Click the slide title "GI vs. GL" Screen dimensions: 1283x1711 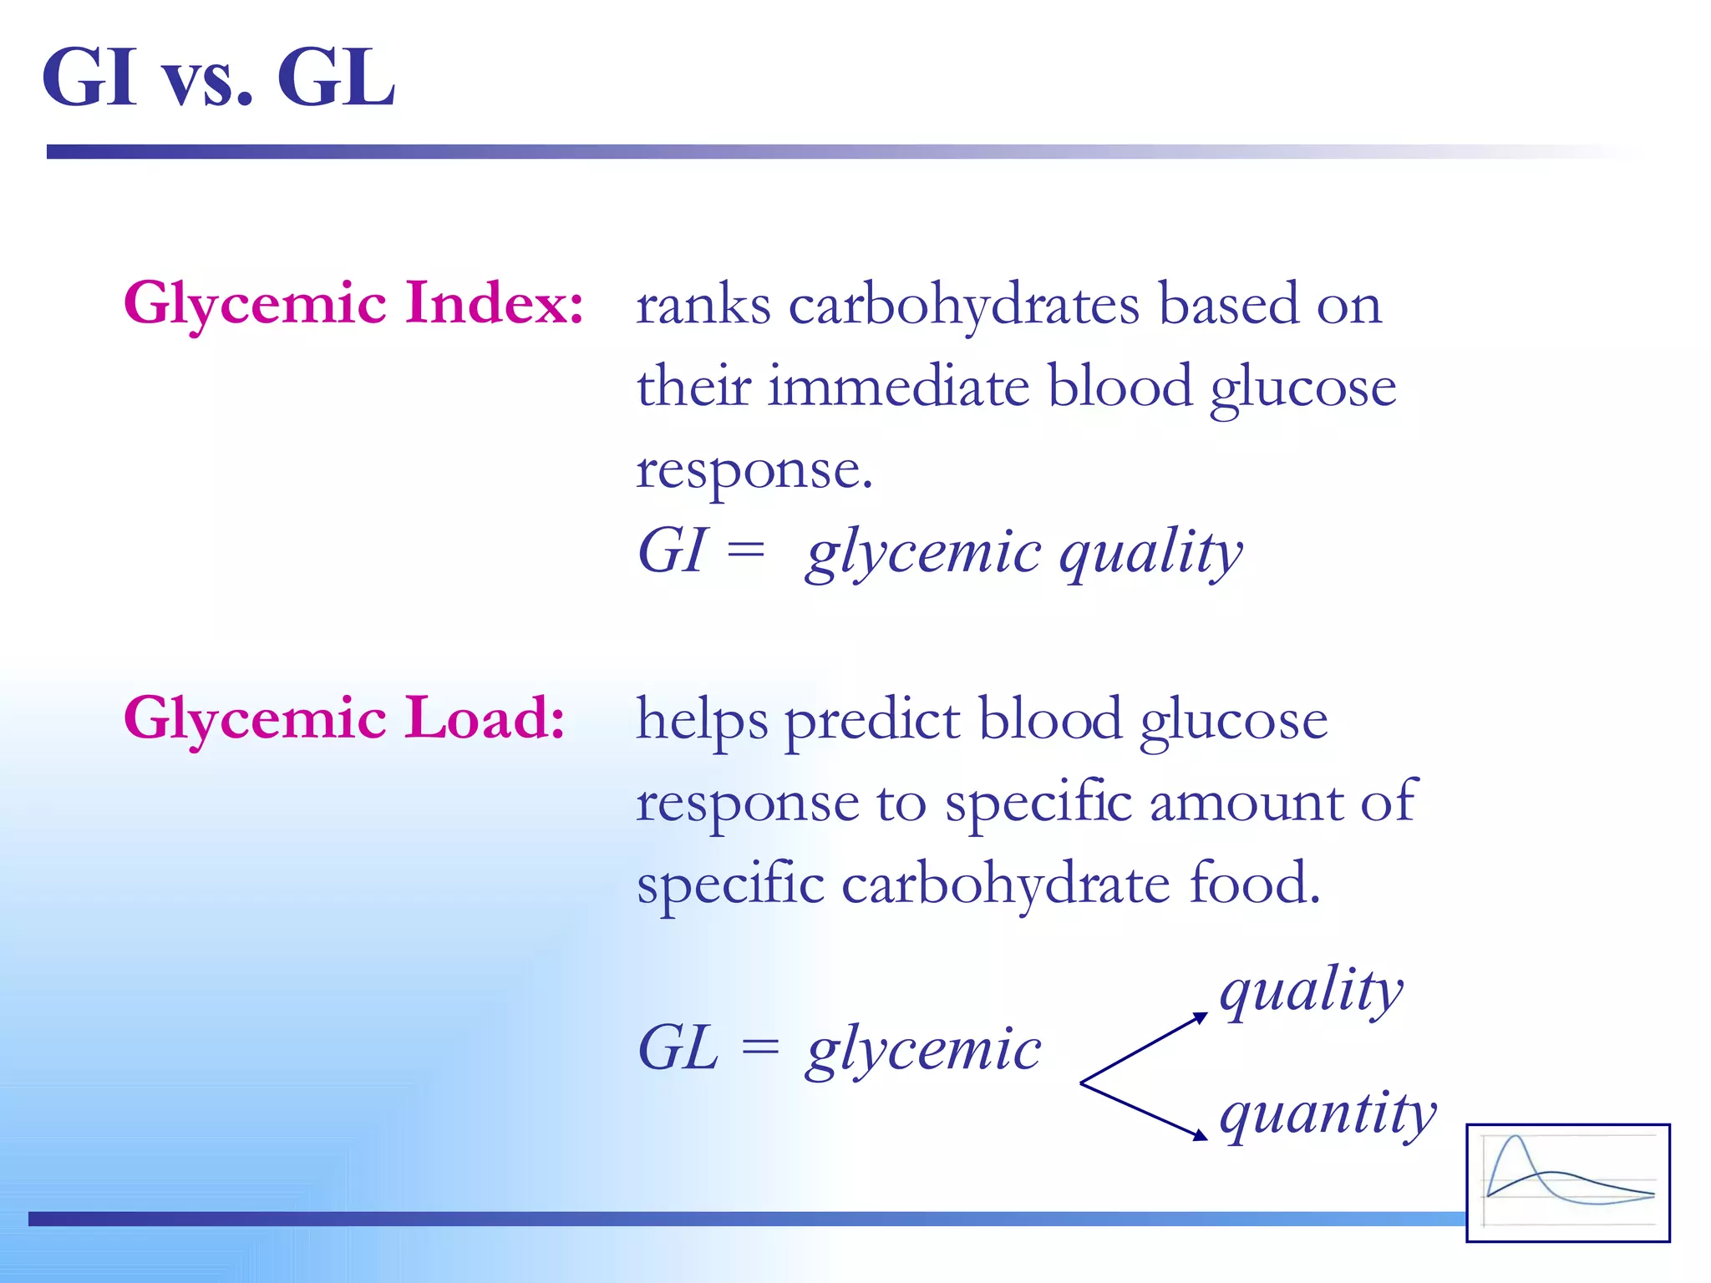[219, 78]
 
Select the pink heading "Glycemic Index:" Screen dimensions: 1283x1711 [353, 302]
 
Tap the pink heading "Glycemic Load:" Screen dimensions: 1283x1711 [344, 718]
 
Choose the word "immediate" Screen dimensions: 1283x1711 [898, 387]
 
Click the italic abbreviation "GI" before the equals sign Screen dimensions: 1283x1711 [672, 551]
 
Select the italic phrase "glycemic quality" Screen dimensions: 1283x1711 [1024, 553]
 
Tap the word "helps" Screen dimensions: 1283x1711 [702, 720]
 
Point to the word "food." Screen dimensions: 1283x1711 [1254, 883]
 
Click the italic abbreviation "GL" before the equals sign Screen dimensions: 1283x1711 [678, 1048]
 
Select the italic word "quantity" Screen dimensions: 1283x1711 [1328, 1114]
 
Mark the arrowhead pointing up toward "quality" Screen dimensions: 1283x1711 [1201, 1017]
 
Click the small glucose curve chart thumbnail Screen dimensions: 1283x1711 [1568, 1183]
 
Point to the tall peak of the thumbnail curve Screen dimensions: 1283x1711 [1516, 1138]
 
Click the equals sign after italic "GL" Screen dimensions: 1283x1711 [760, 1047]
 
